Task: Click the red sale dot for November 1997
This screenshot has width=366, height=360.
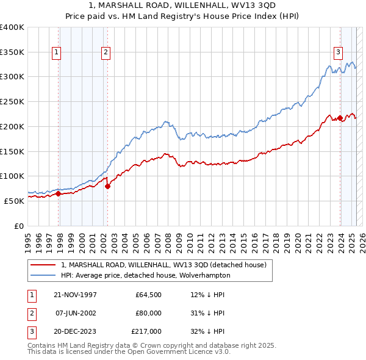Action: pos(59,194)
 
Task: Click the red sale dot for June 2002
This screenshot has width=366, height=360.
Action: pos(107,186)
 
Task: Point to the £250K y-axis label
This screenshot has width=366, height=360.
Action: pos(12,101)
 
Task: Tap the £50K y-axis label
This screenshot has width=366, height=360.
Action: pos(14,200)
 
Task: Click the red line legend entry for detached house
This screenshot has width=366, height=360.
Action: pos(163,265)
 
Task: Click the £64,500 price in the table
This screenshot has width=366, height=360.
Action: pos(149,295)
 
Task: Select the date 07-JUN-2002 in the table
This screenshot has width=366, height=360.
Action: pos(76,313)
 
